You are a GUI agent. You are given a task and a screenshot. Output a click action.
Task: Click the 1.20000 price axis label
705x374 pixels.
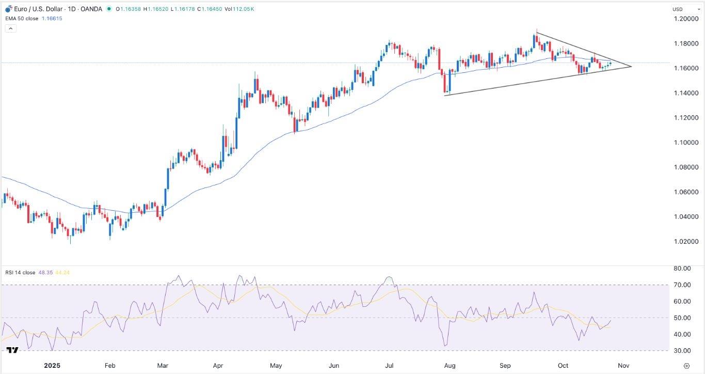pyautogui.click(x=686, y=19)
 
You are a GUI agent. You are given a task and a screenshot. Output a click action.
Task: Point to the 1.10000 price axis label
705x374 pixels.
pyautogui.click(x=686, y=143)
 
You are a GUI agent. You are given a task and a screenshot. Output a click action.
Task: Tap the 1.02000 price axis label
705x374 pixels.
pyautogui.click(x=686, y=242)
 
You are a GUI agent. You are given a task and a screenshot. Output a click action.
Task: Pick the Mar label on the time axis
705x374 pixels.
pyautogui.click(x=163, y=366)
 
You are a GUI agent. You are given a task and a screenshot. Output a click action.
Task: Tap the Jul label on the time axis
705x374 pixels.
pyautogui.click(x=390, y=366)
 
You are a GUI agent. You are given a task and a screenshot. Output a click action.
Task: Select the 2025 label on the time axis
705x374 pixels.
pyautogui.click(x=52, y=366)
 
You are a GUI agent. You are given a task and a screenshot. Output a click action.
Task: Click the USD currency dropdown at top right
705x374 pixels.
pyautogui.click(x=684, y=9)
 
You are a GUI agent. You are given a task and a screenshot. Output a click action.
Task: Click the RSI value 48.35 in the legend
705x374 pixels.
pyautogui.click(x=44, y=272)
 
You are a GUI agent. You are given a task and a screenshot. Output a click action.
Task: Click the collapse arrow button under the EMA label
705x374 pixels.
pyautogui.click(x=11, y=28)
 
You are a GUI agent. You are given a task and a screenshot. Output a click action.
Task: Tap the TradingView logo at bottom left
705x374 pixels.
pyautogui.click(x=12, y=350)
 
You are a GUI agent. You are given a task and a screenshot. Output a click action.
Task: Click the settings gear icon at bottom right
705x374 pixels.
pyautogui.click(x=686, y=366)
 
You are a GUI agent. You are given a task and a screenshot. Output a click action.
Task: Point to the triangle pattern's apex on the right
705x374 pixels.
pyautogui.click(x=631, y=66)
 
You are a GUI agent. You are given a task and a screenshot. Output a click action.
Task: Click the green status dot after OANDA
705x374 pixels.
pyautogui.click(x=109, y=9)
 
